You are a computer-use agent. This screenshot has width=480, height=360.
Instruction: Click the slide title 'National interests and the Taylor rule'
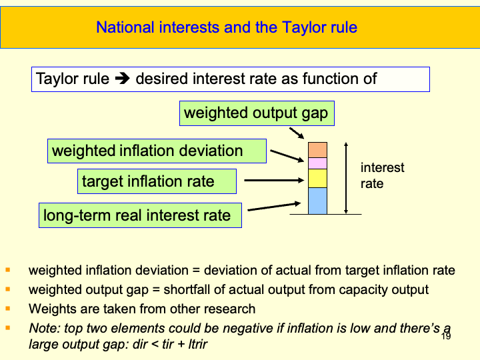point(227,27)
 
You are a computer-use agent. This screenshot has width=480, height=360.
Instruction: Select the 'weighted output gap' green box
point(256,113)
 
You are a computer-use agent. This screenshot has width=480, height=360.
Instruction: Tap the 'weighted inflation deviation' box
point(157,151)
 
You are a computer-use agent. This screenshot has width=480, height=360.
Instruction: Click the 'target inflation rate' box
point(157,181)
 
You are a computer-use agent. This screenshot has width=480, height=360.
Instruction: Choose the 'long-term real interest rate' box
point(140,215)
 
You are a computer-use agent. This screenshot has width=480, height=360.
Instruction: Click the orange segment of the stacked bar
point(317,149)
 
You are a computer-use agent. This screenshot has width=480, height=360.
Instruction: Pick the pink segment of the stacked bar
point(317,163)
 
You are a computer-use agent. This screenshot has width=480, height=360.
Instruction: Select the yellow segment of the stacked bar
point(317,178)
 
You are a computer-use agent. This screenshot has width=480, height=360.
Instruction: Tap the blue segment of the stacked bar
point(317,201)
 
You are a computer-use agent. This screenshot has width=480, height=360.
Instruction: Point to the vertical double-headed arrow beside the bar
point(345,178)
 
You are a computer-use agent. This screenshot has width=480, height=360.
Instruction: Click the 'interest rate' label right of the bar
point(382,175)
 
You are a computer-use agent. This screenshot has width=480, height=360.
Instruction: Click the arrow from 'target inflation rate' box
point(273,180)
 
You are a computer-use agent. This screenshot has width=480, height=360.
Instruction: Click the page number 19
point(446,337)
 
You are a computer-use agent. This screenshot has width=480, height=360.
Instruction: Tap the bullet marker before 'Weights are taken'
point(8,309)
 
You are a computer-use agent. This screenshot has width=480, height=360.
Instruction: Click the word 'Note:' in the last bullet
point(43,328)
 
